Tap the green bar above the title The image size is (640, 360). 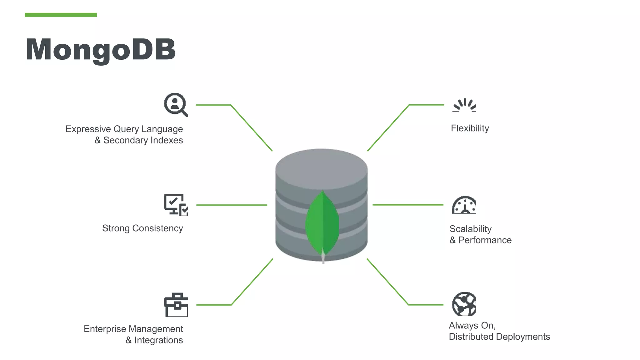point(61,15)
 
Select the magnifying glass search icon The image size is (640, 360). point(176,105)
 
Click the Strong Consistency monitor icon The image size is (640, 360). point(176,205)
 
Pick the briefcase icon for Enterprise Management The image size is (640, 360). point(176,305)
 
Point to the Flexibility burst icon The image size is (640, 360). point(464,105)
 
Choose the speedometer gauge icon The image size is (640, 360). point(464,205)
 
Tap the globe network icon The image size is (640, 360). point(464,304)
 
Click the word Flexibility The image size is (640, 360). point(470,128)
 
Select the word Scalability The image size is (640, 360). point(470,229)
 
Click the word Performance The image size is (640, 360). point(485,240)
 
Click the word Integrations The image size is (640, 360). point(158,340)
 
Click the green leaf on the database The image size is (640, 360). point(322,223)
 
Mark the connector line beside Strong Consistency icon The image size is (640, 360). point(232,205)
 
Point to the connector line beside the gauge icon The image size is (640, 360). point(408,205)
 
